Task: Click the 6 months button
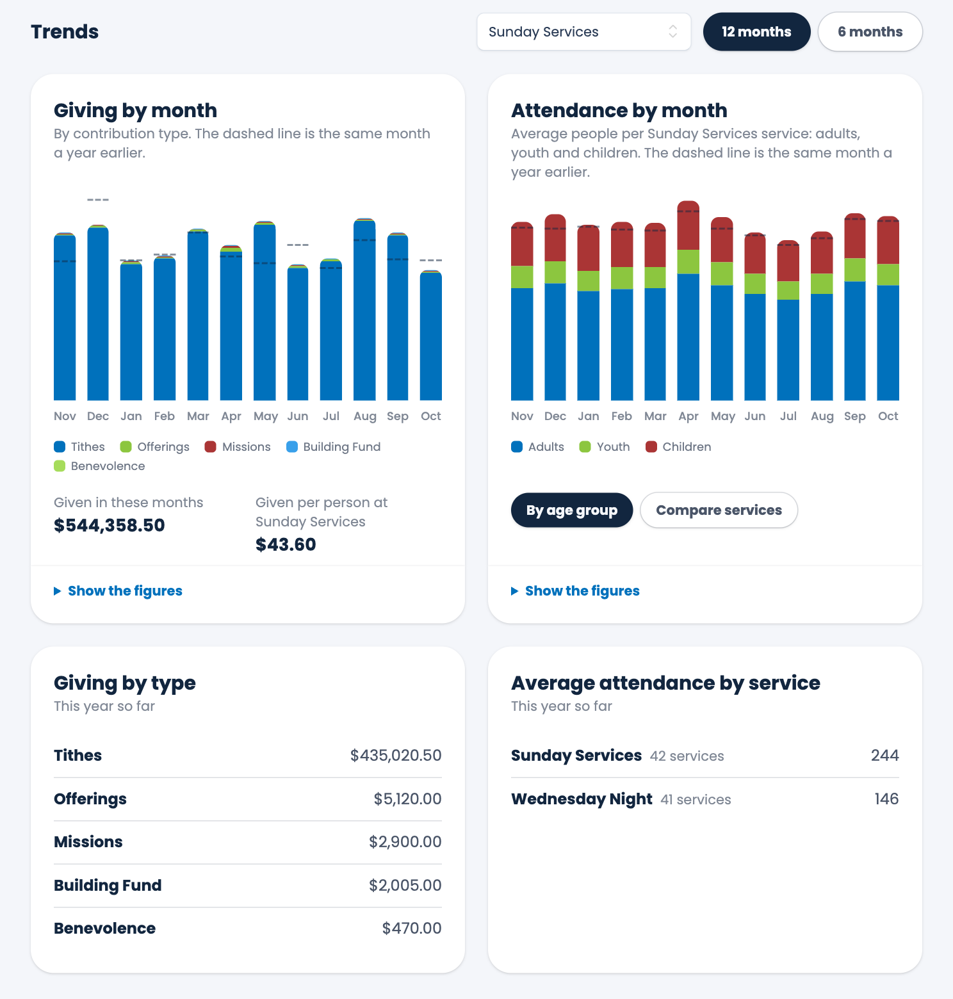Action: click(870, 31)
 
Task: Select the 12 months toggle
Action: click(756, 31)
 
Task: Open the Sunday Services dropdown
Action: click(583, 31)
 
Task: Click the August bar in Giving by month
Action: click(364, 309)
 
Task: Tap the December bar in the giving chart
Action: click(98, 313)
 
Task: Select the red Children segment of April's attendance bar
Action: click(688, 225)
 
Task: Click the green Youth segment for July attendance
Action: click(788, 290)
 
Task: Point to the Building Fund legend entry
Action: click(334, 447)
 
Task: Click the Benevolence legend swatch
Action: click(60, 466)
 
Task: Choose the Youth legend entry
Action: click(605, 447)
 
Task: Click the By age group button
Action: click(572, 510)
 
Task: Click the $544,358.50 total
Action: click(110, 526)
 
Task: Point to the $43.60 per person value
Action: click(286, 545)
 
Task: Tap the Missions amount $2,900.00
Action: click(405, 842)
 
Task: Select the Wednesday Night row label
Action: click(582, 799)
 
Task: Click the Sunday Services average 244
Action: click(885, 756)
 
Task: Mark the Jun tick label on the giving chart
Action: click(298, 416)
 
